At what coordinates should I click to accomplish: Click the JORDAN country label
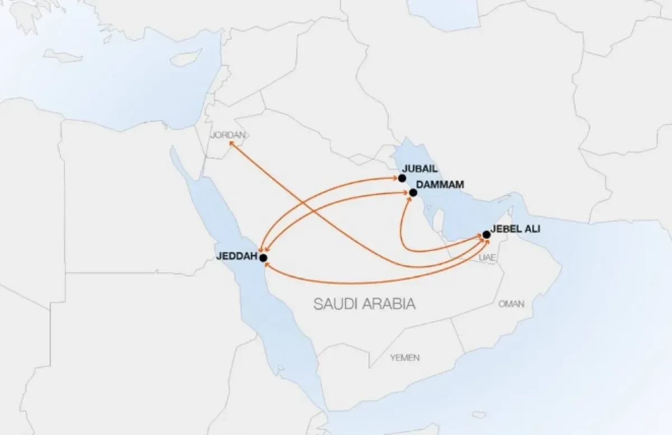coord(228,135)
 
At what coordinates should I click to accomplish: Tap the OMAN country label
coord(511,304)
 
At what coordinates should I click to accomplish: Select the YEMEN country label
coord(405,358)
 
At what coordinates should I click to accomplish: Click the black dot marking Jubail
coord(402,178)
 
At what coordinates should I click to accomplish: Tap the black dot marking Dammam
coord(413,193)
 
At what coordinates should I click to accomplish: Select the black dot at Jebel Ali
coord(486,234)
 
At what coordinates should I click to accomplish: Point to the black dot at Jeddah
coord(263,257)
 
